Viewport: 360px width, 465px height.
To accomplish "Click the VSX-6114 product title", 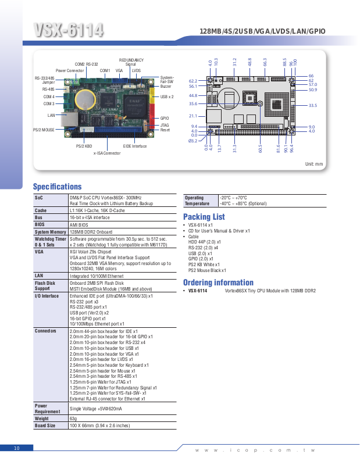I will (69, 30).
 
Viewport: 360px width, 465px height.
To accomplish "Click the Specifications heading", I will (57, 187).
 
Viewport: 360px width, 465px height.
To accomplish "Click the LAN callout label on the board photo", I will (51, 115).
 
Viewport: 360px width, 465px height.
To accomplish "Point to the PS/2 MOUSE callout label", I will (44, 130).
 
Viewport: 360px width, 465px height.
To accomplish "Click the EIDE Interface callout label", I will (135, 146).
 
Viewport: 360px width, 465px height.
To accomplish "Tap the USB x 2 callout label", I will (167, 97).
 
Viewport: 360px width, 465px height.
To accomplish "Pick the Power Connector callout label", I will (70, 70).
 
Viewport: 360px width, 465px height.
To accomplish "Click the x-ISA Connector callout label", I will (106, 153).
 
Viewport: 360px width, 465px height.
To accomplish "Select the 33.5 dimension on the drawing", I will (312, 105).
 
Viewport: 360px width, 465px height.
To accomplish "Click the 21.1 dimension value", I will (193, 116).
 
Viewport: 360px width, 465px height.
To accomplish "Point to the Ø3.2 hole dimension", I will (193, 141).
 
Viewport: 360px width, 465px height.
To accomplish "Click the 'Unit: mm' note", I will (314, 164).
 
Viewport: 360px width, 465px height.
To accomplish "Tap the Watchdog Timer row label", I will (49, 242).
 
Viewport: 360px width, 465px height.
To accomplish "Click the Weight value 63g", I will (73, 419).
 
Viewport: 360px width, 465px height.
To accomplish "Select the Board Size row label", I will (45, 426).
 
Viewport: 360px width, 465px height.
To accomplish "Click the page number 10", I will (16, 448).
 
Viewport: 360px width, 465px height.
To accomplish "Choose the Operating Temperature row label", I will (197, 201).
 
